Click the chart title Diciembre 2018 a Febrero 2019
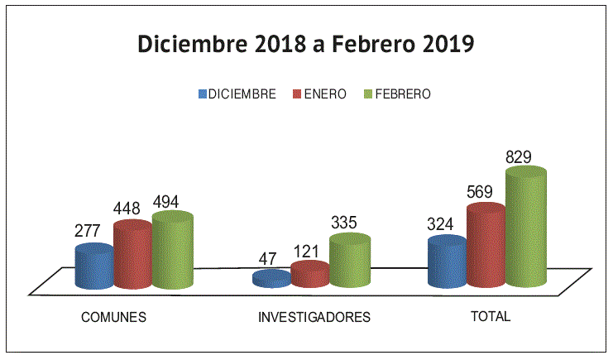click(305, 44)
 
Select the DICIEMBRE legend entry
click(237, 94)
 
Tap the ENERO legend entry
click(321, 94)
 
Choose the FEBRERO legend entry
click(398, 94)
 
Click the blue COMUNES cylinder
click(93, 266)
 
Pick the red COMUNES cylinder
click(132, 255)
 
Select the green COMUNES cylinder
click(172, 251)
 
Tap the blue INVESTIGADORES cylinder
click(271, 279)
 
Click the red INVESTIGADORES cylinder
click(309, 274)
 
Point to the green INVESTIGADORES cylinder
click(349, 262)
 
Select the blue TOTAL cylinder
click(447, 262)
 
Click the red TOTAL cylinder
click(486, 246)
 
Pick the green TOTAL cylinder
click(525, 228)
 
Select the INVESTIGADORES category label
click(314, 317)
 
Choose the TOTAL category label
click(491, 317)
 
